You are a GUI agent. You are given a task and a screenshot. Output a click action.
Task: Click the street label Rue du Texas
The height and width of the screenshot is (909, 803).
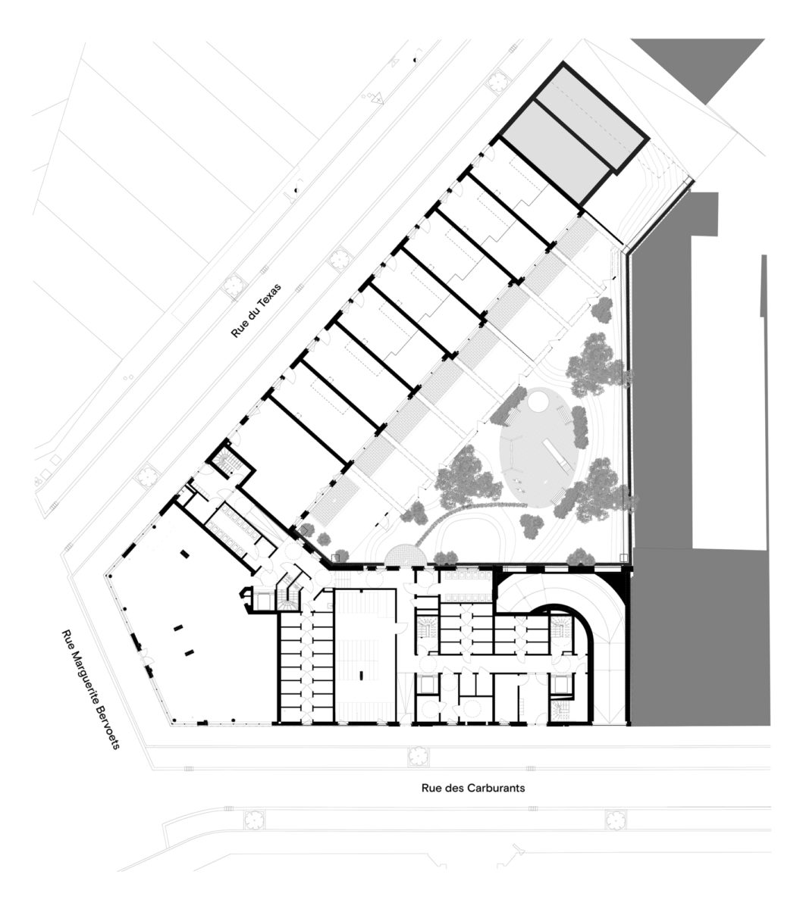tap(256, 310)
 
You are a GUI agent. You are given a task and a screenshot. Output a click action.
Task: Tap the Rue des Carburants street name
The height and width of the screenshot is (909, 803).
tap(473, 788)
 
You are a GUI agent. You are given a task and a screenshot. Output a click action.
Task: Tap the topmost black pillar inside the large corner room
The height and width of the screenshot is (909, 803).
tap(184, 554)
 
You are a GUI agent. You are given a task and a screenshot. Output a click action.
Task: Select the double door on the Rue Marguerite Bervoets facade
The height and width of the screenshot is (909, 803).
tap(146, 659)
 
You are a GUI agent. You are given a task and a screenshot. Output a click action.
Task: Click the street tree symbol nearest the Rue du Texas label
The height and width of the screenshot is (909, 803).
tap(233, 286)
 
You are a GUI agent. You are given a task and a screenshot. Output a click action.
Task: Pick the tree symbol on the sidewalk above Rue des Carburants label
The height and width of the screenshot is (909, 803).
tap(419, 756)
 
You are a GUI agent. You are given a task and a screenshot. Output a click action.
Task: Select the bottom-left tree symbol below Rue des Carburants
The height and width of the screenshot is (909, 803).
tap(254, 820)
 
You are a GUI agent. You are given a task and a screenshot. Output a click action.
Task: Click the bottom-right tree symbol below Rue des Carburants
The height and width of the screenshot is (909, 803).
tap(616, 820)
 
